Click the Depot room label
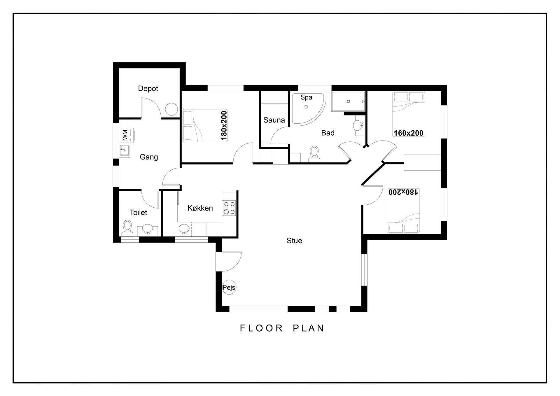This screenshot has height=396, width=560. coord(148,88)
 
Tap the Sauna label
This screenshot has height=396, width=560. coord(274,120)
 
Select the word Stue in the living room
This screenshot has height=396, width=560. coord(294,241)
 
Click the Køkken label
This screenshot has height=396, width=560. coord(200,208)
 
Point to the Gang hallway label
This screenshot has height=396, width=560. coord(149,157)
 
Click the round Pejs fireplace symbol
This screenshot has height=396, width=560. coord(229,288)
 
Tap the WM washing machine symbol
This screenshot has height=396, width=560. coord(125,135)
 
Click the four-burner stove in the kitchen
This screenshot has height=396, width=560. coord(229,208)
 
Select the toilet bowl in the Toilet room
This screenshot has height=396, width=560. coord(127,228)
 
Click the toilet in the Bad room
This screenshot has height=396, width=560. coord(314,154)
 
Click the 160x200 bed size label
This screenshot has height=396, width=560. coord(408,133)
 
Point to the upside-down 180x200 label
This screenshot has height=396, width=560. coord(403,192)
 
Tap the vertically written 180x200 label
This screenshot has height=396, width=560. coord(224,125)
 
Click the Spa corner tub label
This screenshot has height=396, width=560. coord(306,97)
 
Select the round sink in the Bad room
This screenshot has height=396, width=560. coord(358,126)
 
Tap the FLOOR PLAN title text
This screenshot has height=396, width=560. coord(282,328)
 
